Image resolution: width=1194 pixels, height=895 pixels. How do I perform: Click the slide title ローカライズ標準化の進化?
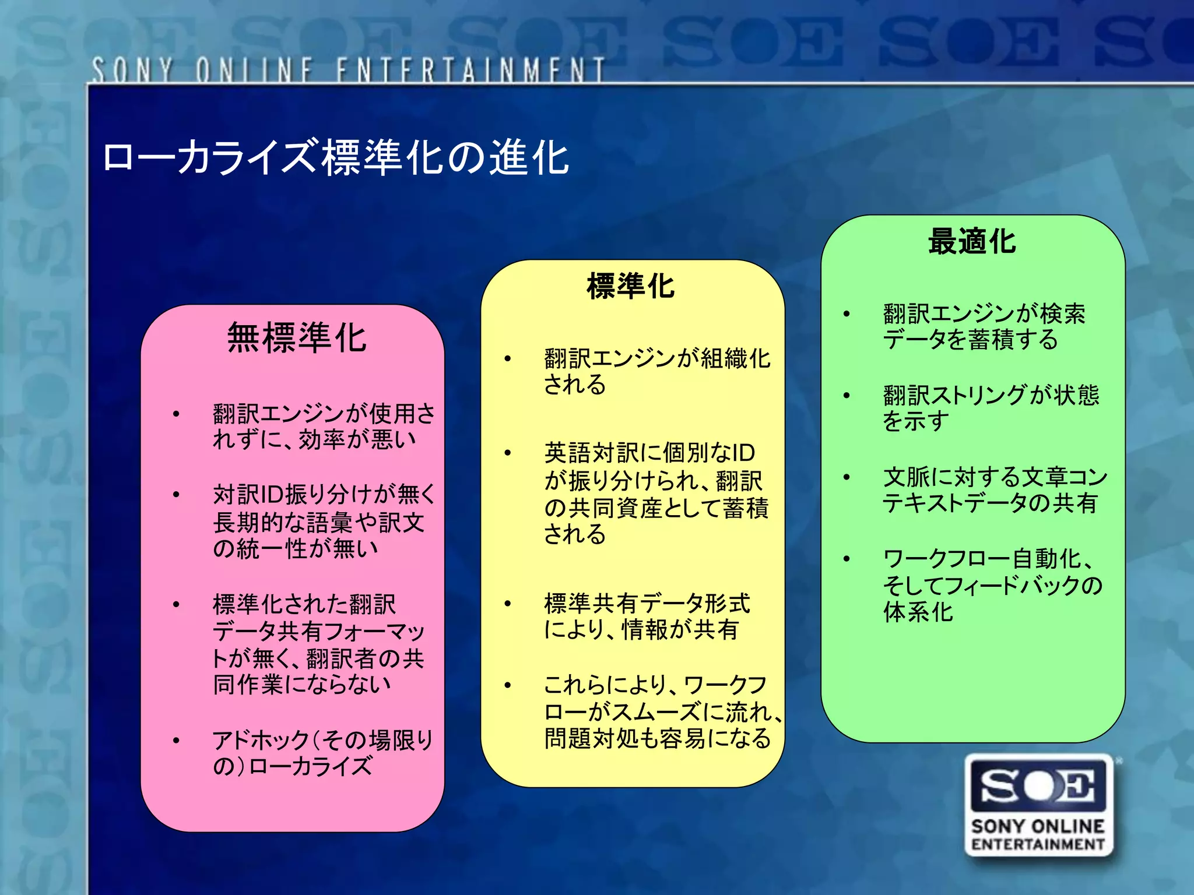(335, 157)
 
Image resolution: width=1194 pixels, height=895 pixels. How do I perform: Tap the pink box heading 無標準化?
(297, 338)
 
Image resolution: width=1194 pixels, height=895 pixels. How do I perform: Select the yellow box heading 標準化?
(631, 286)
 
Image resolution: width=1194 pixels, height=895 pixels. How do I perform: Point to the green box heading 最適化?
(972, 241)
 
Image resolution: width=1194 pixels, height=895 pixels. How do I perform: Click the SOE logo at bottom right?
(1039, 787)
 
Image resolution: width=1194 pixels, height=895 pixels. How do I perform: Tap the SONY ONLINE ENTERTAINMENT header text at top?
(348, 70)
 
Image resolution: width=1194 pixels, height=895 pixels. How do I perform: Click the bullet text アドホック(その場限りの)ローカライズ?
(322, 753)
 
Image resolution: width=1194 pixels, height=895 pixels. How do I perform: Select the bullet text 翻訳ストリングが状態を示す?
(991, 408)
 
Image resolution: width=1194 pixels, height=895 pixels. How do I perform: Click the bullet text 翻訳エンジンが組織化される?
(656, 372)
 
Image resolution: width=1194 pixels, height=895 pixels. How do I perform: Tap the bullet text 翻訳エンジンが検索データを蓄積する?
(984, 326)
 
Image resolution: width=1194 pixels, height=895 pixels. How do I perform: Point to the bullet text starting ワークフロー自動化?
(992, 585)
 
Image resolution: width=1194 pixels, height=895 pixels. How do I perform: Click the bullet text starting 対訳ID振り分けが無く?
(324, 521)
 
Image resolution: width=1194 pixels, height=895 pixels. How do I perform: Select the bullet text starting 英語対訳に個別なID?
(655, 493)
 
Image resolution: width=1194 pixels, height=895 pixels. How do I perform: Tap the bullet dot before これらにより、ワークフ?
(508, 685)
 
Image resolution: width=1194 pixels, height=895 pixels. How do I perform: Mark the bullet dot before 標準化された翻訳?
(176, 604)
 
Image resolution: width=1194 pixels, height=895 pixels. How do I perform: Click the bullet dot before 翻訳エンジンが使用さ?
(176, 414)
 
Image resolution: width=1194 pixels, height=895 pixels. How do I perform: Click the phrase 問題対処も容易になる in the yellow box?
(657, 738)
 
